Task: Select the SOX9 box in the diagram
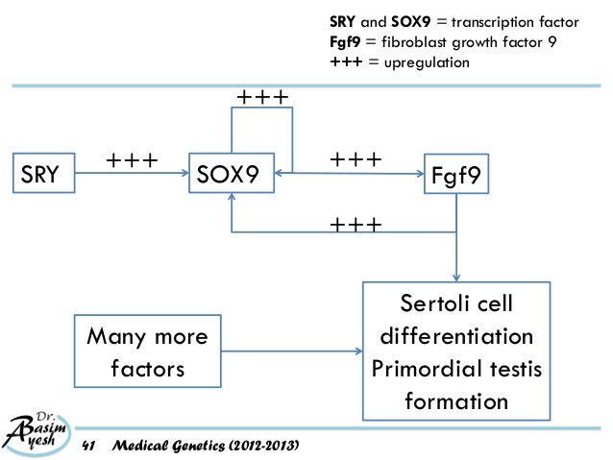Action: coord(232,175)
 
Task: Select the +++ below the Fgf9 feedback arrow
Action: coord(356,225)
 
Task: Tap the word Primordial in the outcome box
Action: coord(425,368)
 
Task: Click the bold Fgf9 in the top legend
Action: coord(345,42)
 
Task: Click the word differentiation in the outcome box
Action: coord(456,337)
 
